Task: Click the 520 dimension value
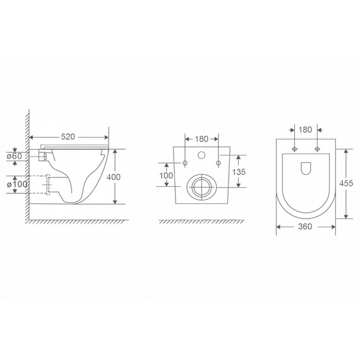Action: (68, 137)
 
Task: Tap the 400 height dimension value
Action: (114, 177)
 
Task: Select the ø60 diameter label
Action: (15, 156)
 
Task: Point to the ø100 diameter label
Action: (17, 184)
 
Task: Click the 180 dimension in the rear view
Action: (201, 139)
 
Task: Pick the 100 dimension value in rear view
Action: (166, 176)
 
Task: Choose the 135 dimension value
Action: (239, 172)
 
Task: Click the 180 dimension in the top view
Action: (305, 129)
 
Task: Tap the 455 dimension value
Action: (346, 183)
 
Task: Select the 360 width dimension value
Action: (305, 227)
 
